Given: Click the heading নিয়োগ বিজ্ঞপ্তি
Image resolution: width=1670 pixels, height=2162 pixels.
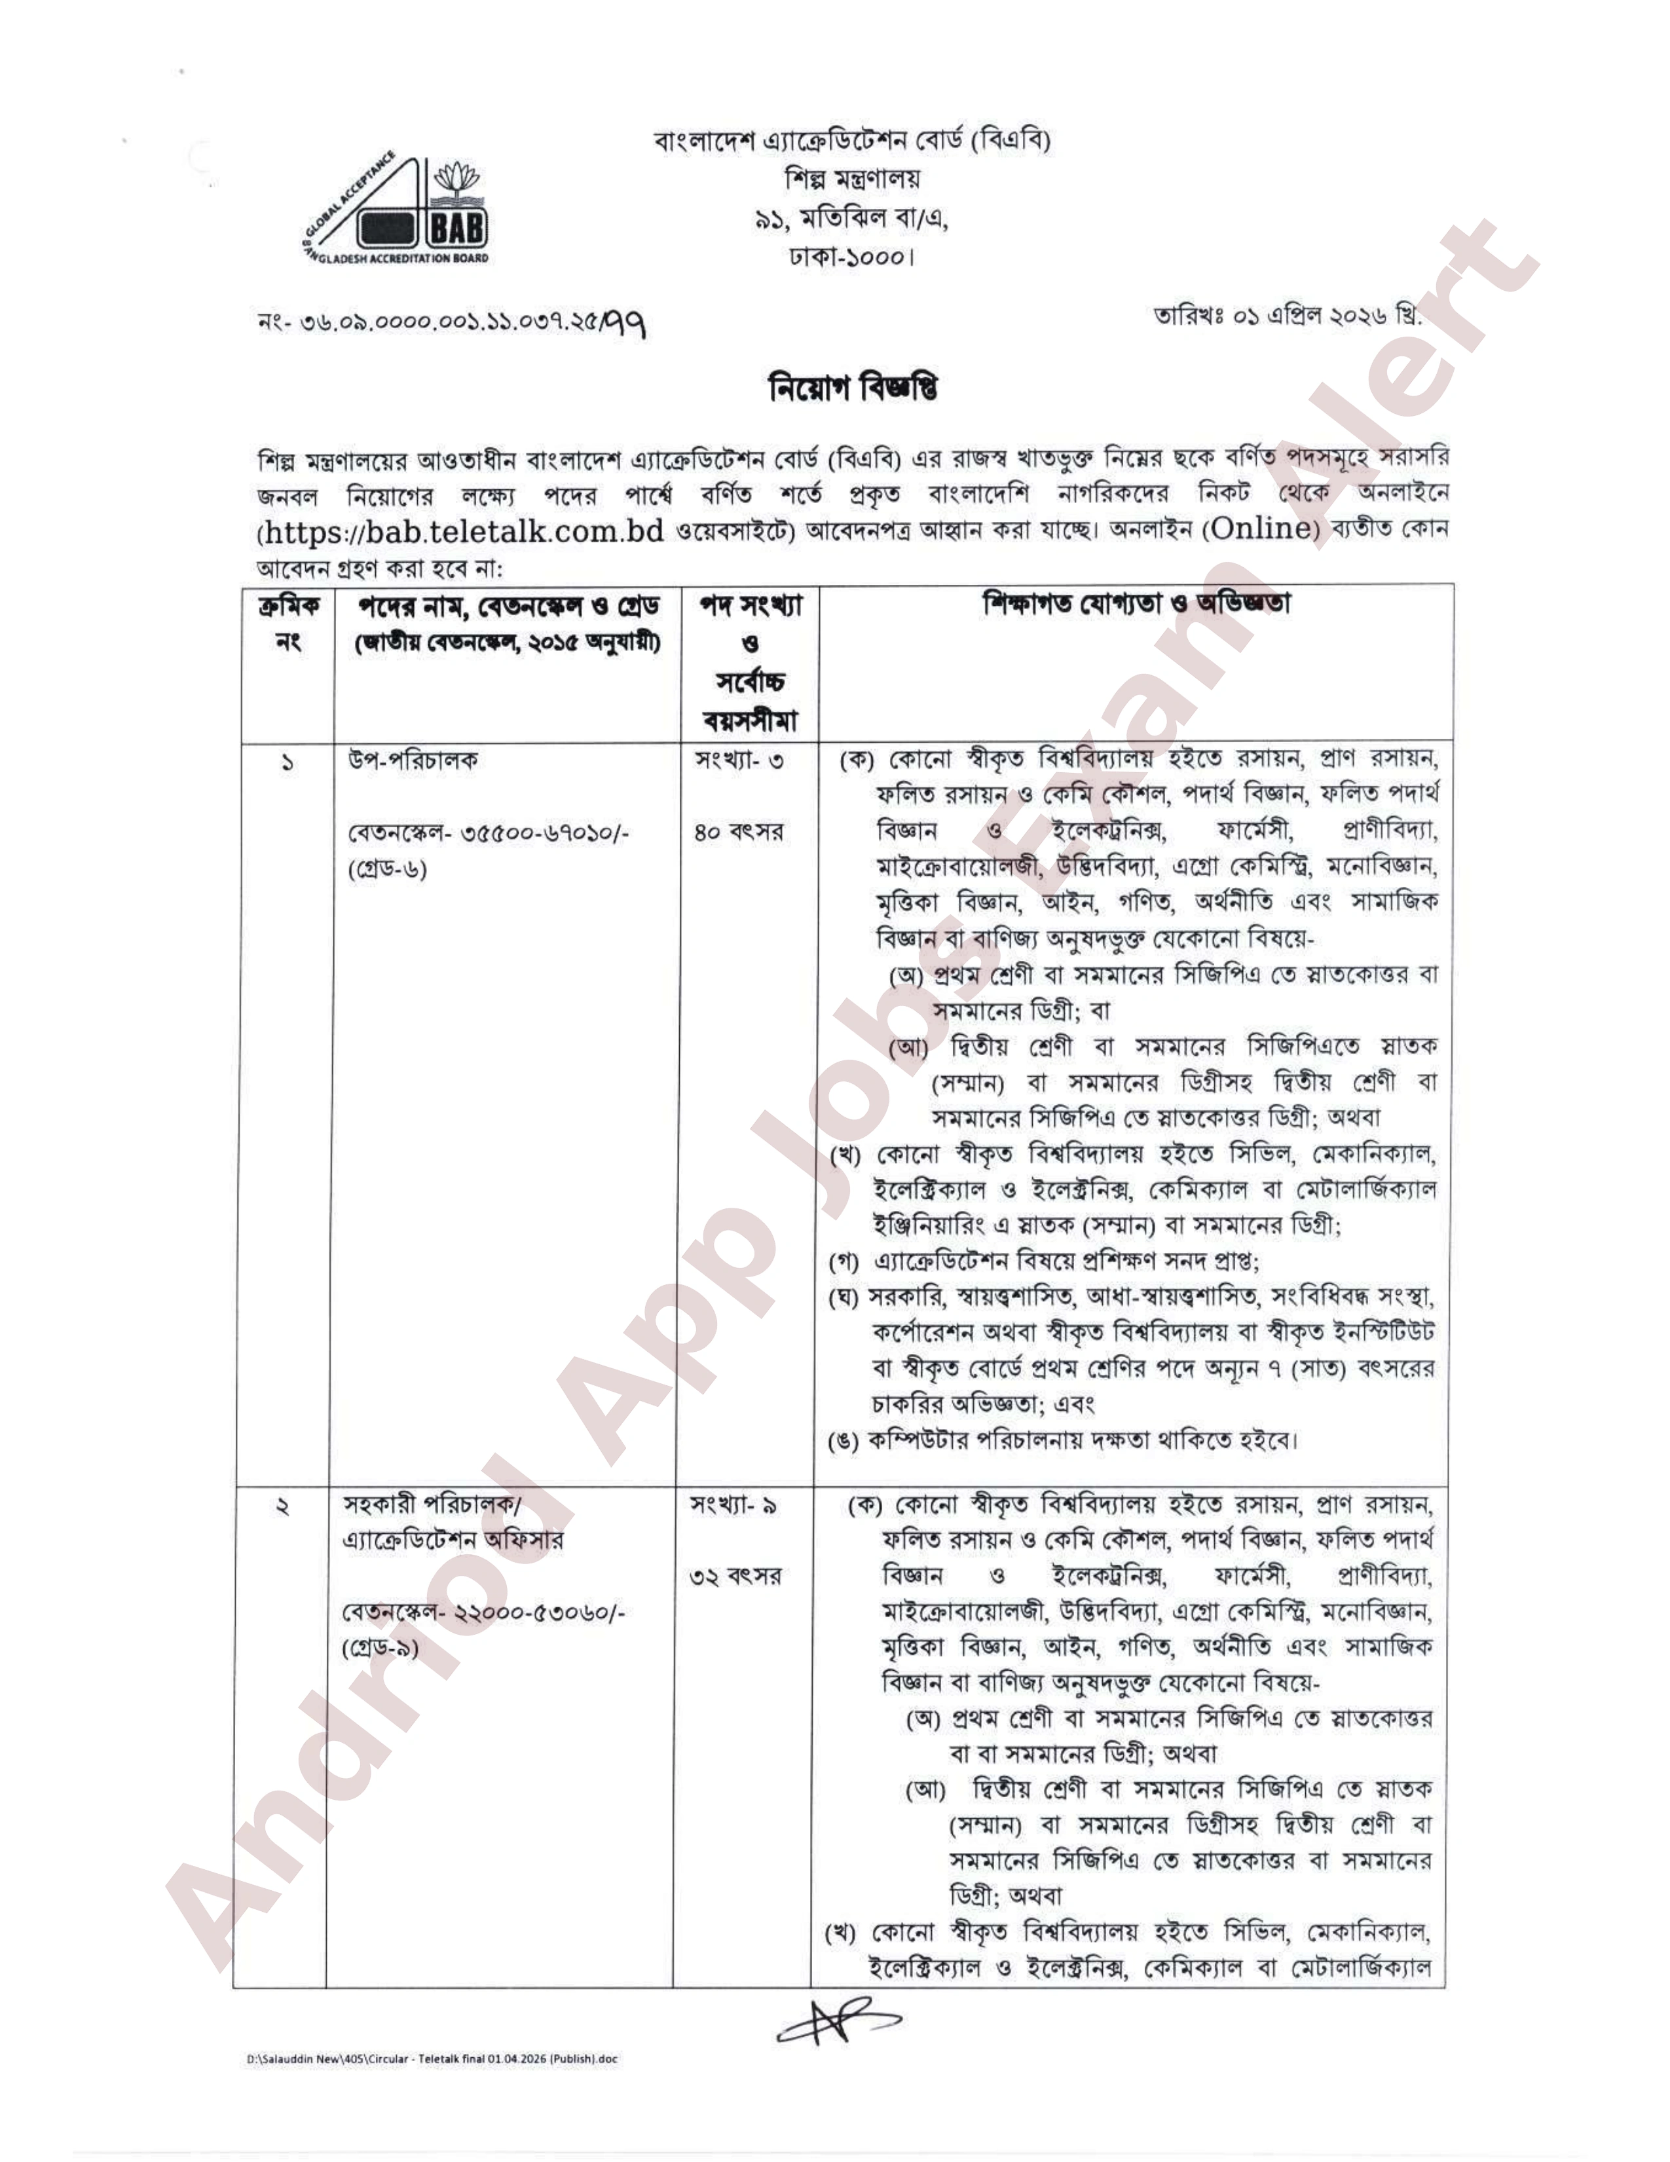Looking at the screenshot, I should (853, 388).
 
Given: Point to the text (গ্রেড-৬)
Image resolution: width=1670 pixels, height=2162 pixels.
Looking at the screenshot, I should (387, 870).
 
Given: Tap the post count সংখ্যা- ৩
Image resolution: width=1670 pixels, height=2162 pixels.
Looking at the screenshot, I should (739, 761).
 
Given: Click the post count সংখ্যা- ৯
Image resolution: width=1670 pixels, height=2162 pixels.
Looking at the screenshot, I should (733, 1506).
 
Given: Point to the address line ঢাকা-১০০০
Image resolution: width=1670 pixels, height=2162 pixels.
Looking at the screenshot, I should (850, 258).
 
